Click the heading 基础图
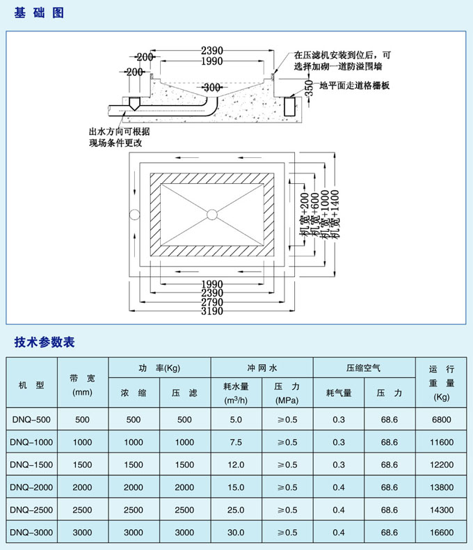[39, 13]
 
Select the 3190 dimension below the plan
[211, 311]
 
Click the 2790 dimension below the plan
[211, 302]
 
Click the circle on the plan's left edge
[134, 214]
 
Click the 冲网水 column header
[262, 367]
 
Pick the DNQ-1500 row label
[32, 464]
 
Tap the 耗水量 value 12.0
[236, 464]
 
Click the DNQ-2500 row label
[32, 510]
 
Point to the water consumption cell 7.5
[236, 442]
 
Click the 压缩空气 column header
[364, 367]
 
